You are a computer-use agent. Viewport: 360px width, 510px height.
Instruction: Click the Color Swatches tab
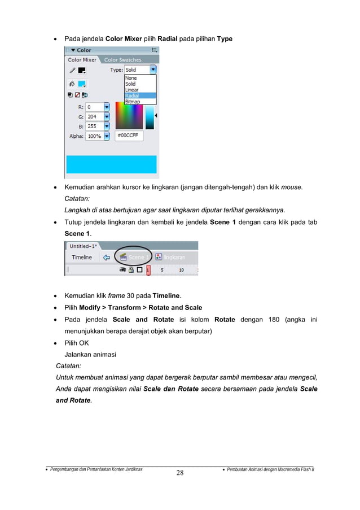pyautogui.click(x=122, y=60)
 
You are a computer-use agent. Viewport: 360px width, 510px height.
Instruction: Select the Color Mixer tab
pyautogui.click(x=82, y=60)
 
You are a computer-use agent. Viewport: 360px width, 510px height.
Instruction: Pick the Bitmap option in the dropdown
pyautogui.click(x=133, y=102)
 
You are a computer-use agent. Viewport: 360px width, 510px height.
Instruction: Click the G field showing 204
pyautogui.click(x=94, y=117)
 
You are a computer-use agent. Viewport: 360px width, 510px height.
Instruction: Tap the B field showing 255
pyautogui.click(x=94, y=127)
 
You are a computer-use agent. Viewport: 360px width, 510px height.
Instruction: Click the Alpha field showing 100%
pyautogui.click(x=94, y=136)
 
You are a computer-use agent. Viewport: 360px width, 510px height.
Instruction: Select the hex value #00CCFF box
pyautogui.click(x=129, y=136)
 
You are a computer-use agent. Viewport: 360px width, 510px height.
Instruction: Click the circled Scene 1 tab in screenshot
pyautogui.click(x=133, y=257)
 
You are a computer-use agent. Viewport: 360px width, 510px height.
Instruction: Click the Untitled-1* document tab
pyautogui.click(x=83, y=246)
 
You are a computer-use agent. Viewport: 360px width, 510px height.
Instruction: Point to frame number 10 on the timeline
pyautogui.click(x=181, y=270)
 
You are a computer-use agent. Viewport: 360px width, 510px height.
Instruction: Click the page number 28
pyautogui.click(x=179, y=473)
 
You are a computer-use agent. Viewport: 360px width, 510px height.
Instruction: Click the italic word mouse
pyautogui.click(x=290, y=186)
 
